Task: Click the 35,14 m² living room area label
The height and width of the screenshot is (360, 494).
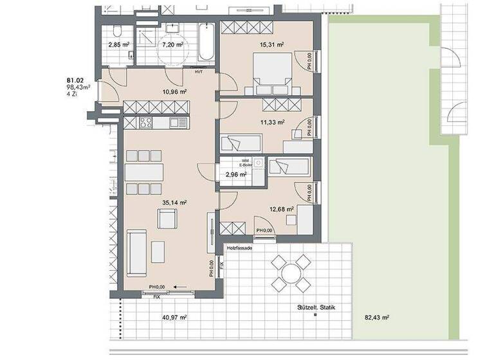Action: click(x=174, y=203)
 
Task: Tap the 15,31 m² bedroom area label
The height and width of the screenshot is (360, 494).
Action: click(x=271, y=44)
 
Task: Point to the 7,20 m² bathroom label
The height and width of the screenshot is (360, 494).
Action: click(x=172, y=45)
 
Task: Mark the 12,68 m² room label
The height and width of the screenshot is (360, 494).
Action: click(x=282, y=208)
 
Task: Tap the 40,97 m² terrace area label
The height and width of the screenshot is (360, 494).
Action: click(x=174, y=317)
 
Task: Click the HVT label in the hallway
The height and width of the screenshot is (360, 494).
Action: click(x=198, y=72)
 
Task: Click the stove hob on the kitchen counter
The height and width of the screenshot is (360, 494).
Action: click(x=145, y=123)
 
